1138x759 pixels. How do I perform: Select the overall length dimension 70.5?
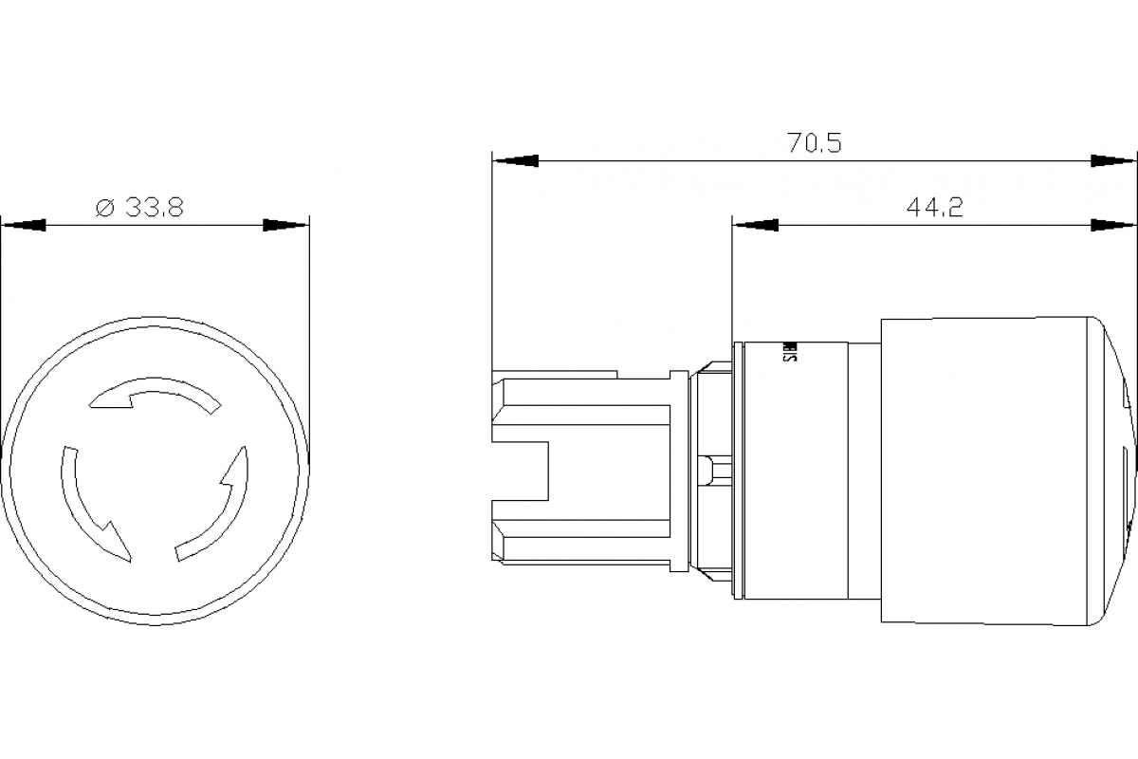815,143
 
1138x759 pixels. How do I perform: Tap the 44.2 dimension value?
933,208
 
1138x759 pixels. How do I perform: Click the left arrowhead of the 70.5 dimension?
515,161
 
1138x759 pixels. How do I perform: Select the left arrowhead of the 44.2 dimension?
755,226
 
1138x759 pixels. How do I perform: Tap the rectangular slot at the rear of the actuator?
522,472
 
